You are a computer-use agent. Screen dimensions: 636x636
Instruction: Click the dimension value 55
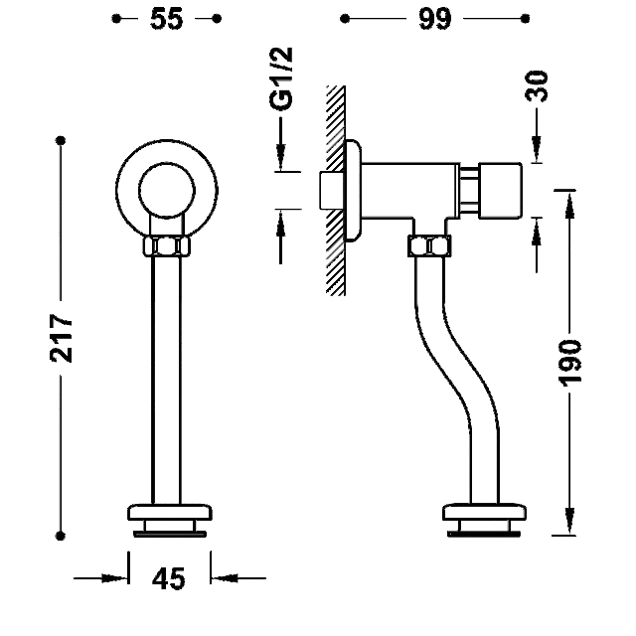166,19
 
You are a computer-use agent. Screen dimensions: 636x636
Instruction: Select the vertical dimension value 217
62,339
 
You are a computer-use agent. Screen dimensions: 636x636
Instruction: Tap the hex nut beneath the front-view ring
166,246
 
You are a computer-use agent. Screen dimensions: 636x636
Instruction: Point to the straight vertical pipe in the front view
167,378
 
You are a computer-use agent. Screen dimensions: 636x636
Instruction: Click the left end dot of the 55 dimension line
117,19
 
